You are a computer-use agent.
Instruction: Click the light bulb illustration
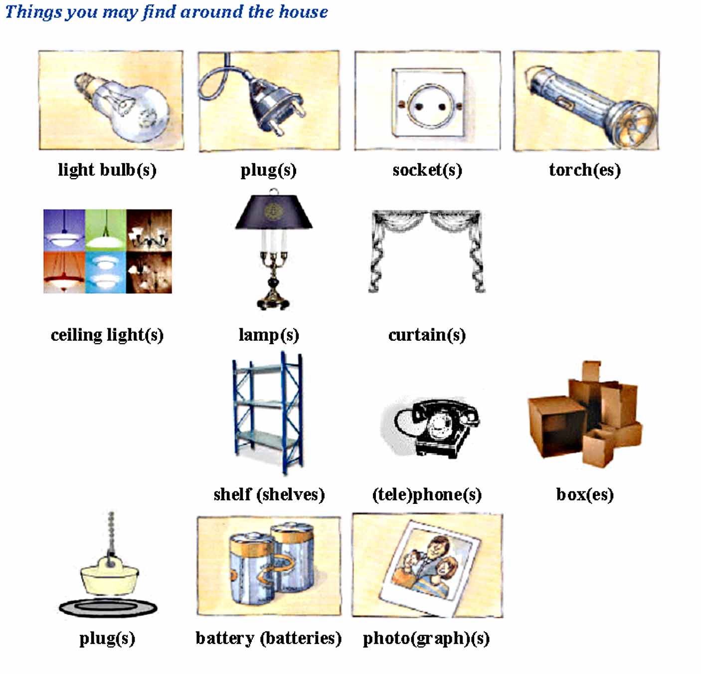pos(122,105)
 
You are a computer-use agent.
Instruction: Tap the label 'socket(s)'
pos(427,170)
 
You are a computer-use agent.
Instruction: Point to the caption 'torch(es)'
pos(584,170)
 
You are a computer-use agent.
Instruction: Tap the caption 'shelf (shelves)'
pos(269,494)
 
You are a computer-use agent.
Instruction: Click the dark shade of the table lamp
pos(274,212)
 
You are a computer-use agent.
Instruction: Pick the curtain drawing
pos(427,249)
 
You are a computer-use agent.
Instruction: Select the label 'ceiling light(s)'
pos(107,335)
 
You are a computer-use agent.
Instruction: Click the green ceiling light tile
pos(106,229)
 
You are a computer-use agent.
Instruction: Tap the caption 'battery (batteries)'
pos(268,638)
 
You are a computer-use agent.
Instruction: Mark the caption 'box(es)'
pos(584,494)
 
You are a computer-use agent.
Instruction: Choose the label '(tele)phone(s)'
pos(427,494)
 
